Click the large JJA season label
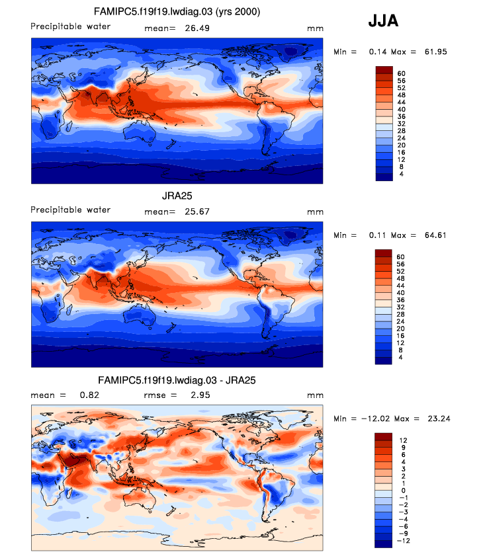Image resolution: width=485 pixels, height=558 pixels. coord(383,22)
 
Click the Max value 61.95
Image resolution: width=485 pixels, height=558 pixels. coord(434,52)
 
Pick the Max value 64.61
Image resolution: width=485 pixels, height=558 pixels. coord(434,235)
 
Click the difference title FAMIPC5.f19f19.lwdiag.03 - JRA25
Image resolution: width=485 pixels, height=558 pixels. coord(177,381)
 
